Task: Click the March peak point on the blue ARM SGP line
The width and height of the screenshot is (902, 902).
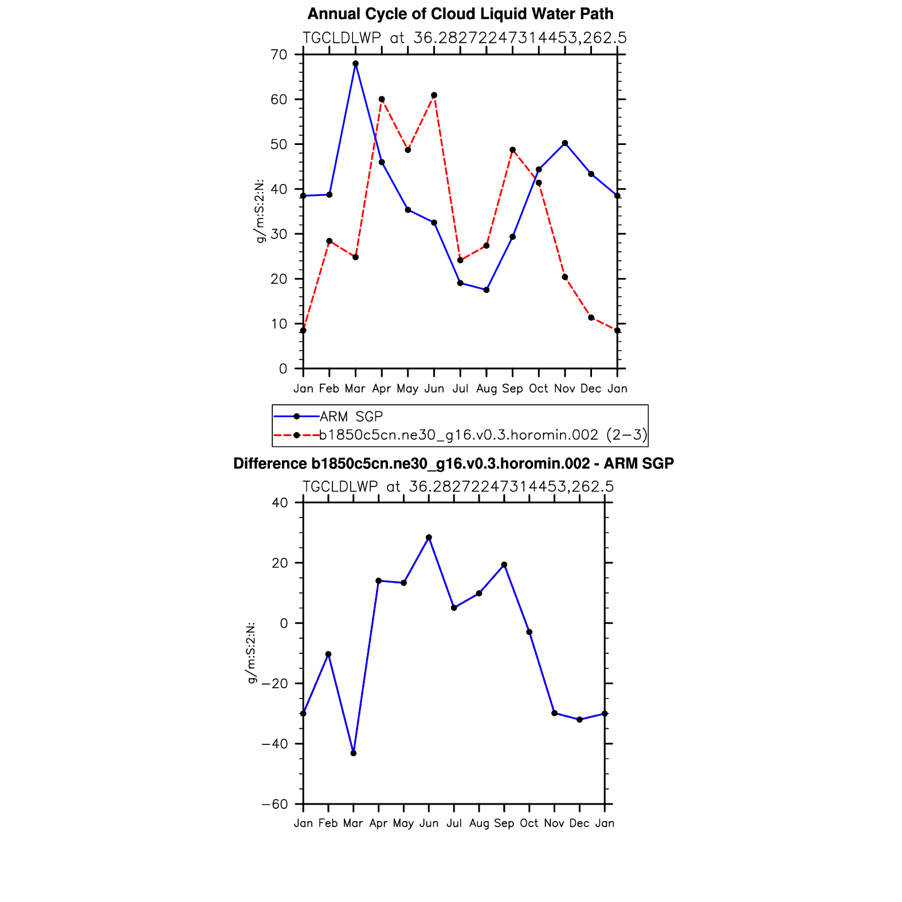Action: coord(355,64)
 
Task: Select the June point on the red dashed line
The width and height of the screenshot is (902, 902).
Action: coord(434,95)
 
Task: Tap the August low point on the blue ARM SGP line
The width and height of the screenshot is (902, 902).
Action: coord(487,290)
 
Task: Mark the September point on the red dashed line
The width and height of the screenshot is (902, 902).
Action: coord(512,150)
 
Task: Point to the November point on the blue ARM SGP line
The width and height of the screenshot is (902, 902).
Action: coord(565,143)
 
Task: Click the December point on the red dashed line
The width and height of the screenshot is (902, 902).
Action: coord(591,317)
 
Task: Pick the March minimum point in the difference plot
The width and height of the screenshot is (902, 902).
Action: coord(354,753)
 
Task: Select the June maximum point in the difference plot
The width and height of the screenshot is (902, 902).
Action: coord(429,538)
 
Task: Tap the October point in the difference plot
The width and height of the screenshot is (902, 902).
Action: coord(530,632)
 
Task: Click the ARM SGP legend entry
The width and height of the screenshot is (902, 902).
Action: coord(351,417)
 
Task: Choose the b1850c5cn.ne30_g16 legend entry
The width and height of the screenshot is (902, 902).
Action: coord(483,435)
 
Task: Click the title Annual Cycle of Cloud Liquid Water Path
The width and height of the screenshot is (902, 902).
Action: coord(460,14)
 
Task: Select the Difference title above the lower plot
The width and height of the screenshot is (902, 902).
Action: coord(453,464)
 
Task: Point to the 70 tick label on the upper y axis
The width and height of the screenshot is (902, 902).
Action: coord(279,55)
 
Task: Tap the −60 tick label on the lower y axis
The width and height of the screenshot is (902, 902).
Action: coord(274,804)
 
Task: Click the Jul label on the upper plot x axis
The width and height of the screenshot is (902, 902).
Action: coord(460,389)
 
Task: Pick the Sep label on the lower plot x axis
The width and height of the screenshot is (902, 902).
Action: coord(504,823)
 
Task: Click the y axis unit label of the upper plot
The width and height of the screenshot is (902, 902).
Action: coord(260,211)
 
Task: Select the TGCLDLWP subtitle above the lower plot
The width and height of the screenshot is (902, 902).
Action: coord(458,487)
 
